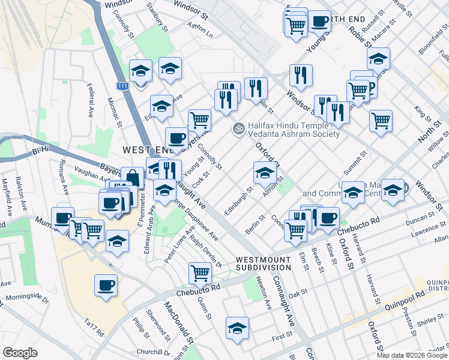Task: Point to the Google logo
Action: coord(20,353)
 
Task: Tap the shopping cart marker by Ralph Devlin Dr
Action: coord(200,273)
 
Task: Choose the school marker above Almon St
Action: coord(264,173)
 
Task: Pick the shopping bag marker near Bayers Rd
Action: coord(133,177)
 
